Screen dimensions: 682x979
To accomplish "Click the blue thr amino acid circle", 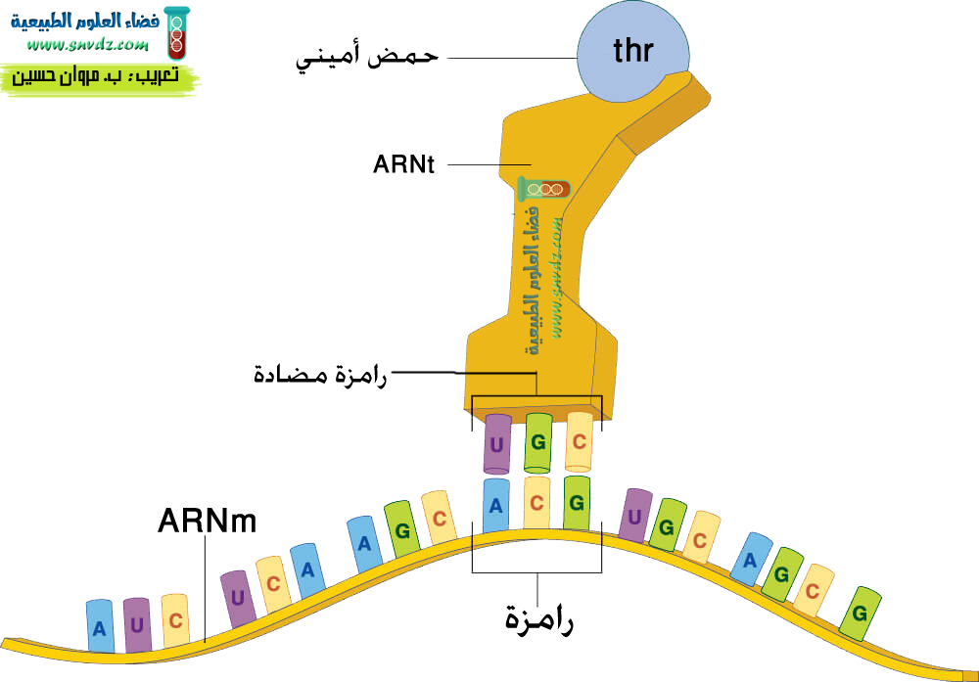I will coord(631,51).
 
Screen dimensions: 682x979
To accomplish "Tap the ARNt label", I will coord(402,164).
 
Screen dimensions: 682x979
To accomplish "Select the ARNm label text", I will coord(207,521).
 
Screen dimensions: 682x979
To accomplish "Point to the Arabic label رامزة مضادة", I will coord(320,373).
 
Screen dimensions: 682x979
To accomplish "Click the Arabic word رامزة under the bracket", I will coord(538,618).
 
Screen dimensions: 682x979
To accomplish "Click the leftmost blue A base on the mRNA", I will coord(100,626).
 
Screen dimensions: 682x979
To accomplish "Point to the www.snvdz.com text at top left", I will coord(87,46).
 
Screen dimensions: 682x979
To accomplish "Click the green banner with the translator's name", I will coord(98,76).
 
